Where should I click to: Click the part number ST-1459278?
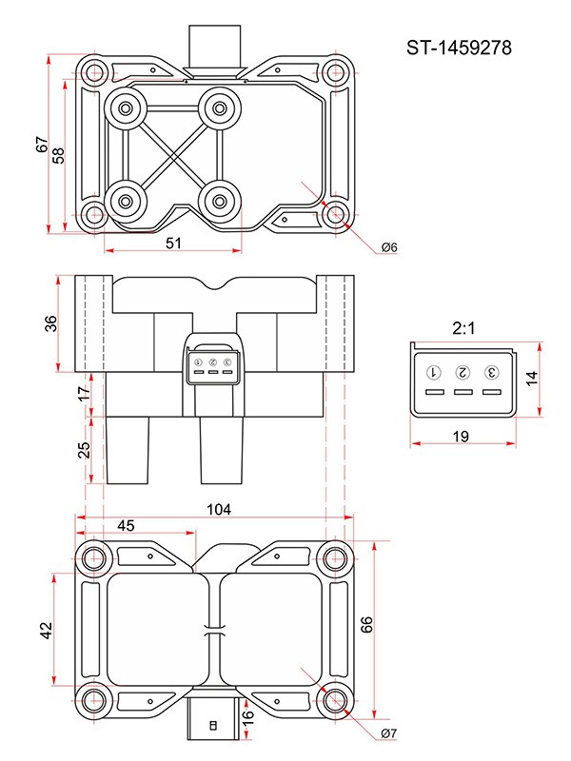click(461, 49)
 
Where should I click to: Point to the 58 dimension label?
click(59, 154)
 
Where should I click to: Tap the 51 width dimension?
click(173, 243)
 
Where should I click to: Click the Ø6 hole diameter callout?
click(388, 247)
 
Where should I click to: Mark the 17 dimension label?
click(84, 391)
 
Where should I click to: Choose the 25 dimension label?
click(84, 447)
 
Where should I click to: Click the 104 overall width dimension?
click(219, 510)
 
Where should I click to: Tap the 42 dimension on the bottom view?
click(47, 632)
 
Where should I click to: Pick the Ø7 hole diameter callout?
click(388, 733)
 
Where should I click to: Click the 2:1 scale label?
click(463, 328)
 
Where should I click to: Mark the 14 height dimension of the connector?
click(532, 378)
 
